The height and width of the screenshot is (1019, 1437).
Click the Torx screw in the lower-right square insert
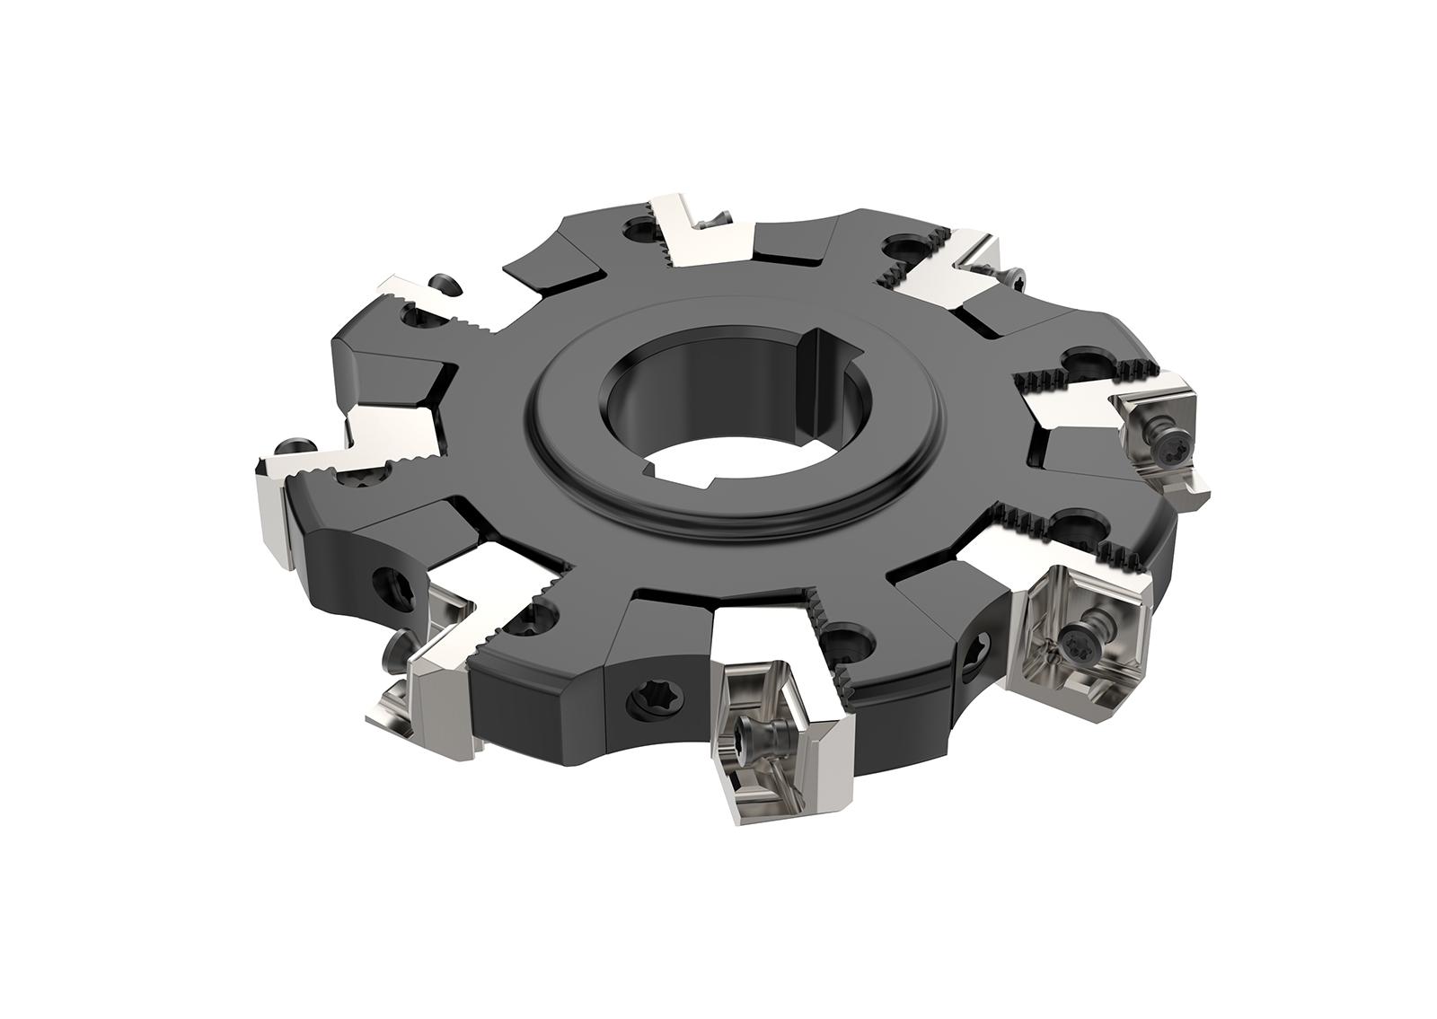(x=1075, y=639)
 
